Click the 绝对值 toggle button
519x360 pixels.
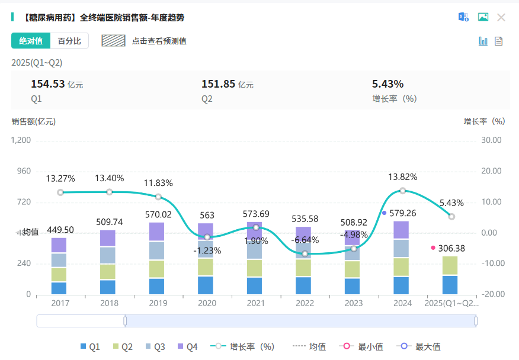pyautogui.click(x=31, y=41)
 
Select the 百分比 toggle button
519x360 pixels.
pyautogui.click(x=69, y=41)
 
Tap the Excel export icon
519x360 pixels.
pyautogui.click(x=463, y=17)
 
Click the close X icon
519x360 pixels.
pyautogui.click(x=501, y=17)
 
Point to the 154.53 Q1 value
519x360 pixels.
pyautogui.click(x=47, y=84)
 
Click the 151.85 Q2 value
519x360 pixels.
pyautogui.click(x=218, y=84)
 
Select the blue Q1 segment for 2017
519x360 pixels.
pyautogui.click(x=59, y=288)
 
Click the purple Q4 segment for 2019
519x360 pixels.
pyautogui.click(x=156, y=232)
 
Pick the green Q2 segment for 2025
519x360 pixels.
pyautogui.click(x=450, y=266)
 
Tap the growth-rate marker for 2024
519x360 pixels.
pyautogui.click(x=403, y=191)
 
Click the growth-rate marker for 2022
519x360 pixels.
pyautogui.click(x=305, y=253)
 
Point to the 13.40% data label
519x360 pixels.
pyautogui.click(x=109, y=178)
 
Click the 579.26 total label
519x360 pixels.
pyautogui.click(x=406, y=213)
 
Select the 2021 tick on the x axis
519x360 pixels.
pyautogui.click(x=256, y=303)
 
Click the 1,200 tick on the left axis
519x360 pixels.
pyautogui.click(x=21, y=140)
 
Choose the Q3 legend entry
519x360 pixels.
pyautogui.click(x=153, y=347)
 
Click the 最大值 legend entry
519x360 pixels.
pyautogui.click(x=421, y=347)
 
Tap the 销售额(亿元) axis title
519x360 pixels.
pyautogui.click(x=33, y=121)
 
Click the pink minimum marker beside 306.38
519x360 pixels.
pyautogui.click(x=433, y=247)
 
